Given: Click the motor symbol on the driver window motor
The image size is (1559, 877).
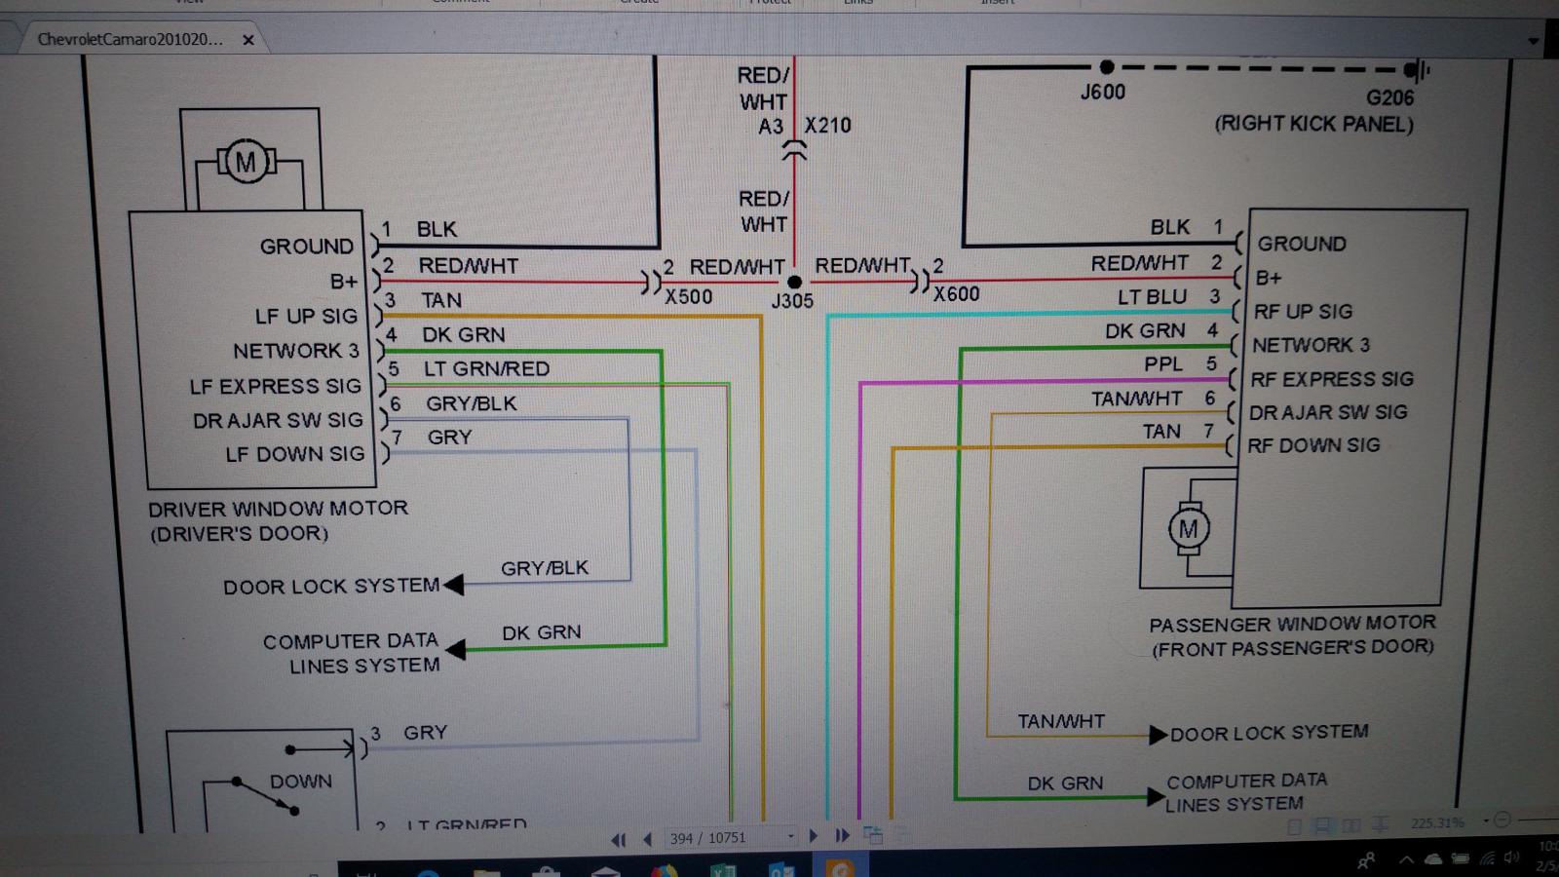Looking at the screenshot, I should [x=246, y=163].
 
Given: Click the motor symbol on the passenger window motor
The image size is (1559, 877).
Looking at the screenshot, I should [x=1188, y=529].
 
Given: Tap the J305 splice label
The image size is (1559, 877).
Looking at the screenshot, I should [x=791, y=301].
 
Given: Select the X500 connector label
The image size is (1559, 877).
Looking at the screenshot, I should [x=688, y=296].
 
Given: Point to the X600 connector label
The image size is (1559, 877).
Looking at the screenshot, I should [x=956, y=293].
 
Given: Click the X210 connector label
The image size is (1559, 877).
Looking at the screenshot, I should [x=827, y=126].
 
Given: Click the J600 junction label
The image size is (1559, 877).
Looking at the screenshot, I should [x=1102, y=93].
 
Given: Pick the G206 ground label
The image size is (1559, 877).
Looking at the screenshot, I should [x=1389, y=97].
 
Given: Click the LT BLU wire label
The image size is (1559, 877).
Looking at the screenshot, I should [x=1152, y=297].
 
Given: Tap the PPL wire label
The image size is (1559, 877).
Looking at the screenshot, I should [x=1162, y=364].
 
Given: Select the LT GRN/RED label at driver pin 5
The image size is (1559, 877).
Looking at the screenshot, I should [x=486, y=369].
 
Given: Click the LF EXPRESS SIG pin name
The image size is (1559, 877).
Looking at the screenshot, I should [x=275, y=387].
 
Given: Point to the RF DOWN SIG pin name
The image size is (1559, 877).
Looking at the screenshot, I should [x=1313, y=445].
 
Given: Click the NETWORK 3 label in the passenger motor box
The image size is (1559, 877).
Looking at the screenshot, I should [x=1311, y=345].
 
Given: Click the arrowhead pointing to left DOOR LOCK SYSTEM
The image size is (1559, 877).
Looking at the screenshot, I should [x=453, y=585].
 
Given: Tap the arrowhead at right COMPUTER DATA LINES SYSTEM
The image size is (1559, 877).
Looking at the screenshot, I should [x=1157, y=798].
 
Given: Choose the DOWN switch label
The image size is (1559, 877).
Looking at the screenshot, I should [x=300, y=782].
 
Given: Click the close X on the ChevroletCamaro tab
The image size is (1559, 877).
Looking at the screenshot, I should [x=248, y=40].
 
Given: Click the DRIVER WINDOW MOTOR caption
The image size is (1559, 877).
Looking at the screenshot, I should [x=278, y=509].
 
